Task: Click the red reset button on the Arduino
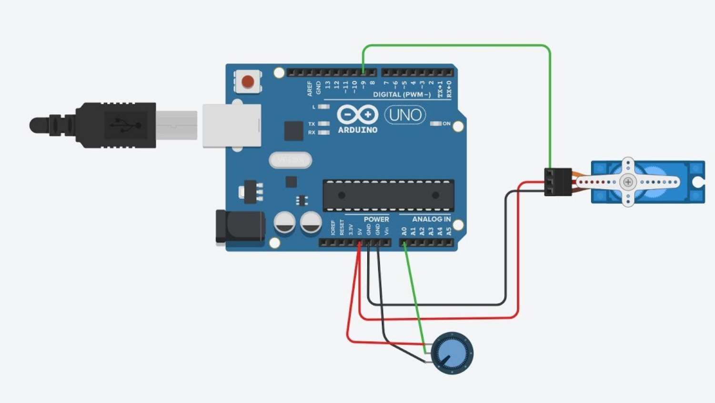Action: pyautogui.click(x=248, y=82)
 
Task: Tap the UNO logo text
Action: pyautogui.click(x=405, y=115)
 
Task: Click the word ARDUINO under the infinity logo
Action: pyautogui.click(x=357, y=130)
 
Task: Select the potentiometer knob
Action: pyautogui.click(x=452, y=353)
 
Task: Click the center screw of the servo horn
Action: pyautogui.click(x=628, y=182)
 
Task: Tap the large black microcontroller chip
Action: pyautogui.click(x=388, y=195)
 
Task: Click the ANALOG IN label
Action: pyautogui.click(x=431, y=219)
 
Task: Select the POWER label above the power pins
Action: pyautogui.click(x=376, y=219)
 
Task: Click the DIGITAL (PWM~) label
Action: pyautogui.click(x=402, y=94)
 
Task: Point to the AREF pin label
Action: pyautogui.click(x=310, y=88)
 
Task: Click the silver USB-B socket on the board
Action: pyautogui.click(x=232, y=126)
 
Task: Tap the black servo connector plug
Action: pyautogui.click(x=558, y=181)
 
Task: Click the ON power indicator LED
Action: pyautogui.click(x=436, y=123)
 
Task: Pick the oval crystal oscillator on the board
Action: pyautogui.click(x=290, y=160)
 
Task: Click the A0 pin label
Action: pyautogui.click(x=404, y=231)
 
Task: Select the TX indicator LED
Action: pyautogui.click(x=324, y=124)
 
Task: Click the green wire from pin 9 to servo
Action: pyautogui.click(x=457, y=46)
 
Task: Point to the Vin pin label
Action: pyautogui.click(x=386, y=231)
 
